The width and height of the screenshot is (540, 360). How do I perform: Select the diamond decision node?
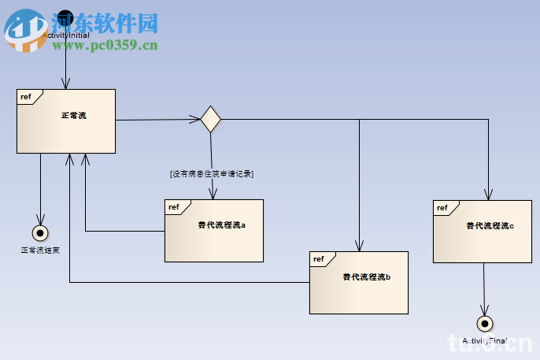click(x=210, y=120)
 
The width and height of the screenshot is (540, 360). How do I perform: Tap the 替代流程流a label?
click(x=221, y=225)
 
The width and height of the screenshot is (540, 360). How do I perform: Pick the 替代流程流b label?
click(x=366, y=276)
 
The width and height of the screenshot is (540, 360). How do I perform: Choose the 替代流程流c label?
click(x=490, y=225)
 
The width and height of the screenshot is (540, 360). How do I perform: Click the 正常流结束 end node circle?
click(x=39, y=232)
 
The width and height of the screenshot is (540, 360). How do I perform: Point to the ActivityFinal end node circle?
click(x=484, y=323)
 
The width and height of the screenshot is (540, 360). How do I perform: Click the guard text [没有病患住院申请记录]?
click(x=212, y=173)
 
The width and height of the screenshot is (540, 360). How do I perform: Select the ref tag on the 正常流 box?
click(x=26, y=97)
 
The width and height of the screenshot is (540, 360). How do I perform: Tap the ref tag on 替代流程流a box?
click(x=173, y=207)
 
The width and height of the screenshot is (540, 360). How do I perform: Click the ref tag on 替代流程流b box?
click(x=318, y=259)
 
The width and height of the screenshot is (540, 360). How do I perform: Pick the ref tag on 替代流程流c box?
click(x=442, y=208)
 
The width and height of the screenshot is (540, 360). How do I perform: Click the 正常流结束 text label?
click(x=39, y=251)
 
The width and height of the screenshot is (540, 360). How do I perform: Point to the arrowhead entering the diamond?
click(x=195, y=120)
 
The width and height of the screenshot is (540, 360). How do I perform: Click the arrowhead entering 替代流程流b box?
click(x=359, y=246)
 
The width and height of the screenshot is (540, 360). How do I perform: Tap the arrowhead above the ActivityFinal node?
click(x=484, y=310)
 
